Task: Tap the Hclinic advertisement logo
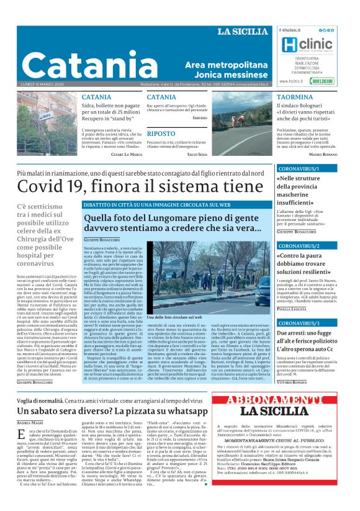click(304, 46)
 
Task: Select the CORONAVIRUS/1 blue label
click(299, 169)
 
